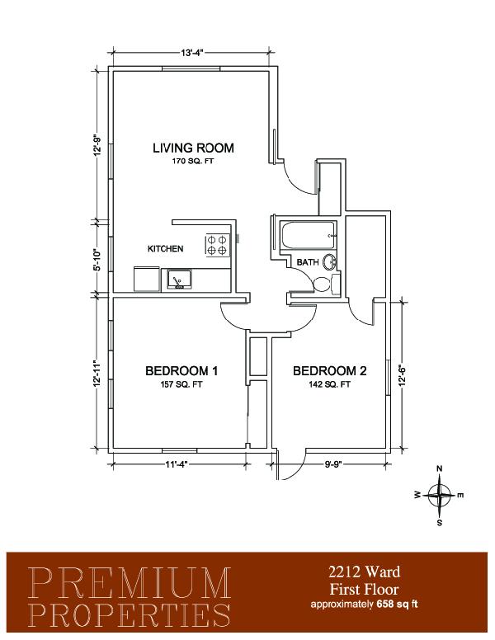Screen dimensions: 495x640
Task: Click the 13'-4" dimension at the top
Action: tap(192, 53)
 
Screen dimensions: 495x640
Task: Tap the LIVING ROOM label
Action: tap(193, 148)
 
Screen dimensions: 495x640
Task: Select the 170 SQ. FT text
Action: tap(193, 161)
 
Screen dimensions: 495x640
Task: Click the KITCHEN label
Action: tap(165, 248)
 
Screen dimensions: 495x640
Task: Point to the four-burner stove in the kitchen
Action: tap(217, 245)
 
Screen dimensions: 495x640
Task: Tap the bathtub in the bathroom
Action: tap(309, 235)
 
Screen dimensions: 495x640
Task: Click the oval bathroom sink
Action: tap(329, 262)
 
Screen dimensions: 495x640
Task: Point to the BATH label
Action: tap(308, 262)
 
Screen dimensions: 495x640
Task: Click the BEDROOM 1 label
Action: tap(181, 371)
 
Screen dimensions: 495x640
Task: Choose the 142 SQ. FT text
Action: tap(330, 384)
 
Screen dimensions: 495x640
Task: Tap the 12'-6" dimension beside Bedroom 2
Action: tap(403, 375)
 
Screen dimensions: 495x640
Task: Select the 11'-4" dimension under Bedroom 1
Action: tap(177, 464)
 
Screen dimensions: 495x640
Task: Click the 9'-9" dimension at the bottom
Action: tap(332, 464)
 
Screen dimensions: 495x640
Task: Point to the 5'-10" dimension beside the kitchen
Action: tap(97, 260)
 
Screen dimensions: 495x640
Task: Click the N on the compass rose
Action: tap(440, 468)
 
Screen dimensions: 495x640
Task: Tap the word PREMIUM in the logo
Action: tap(130, 582)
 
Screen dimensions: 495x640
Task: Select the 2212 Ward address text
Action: tap(365, 572)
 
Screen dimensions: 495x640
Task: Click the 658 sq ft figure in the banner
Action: tap(394, 605)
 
